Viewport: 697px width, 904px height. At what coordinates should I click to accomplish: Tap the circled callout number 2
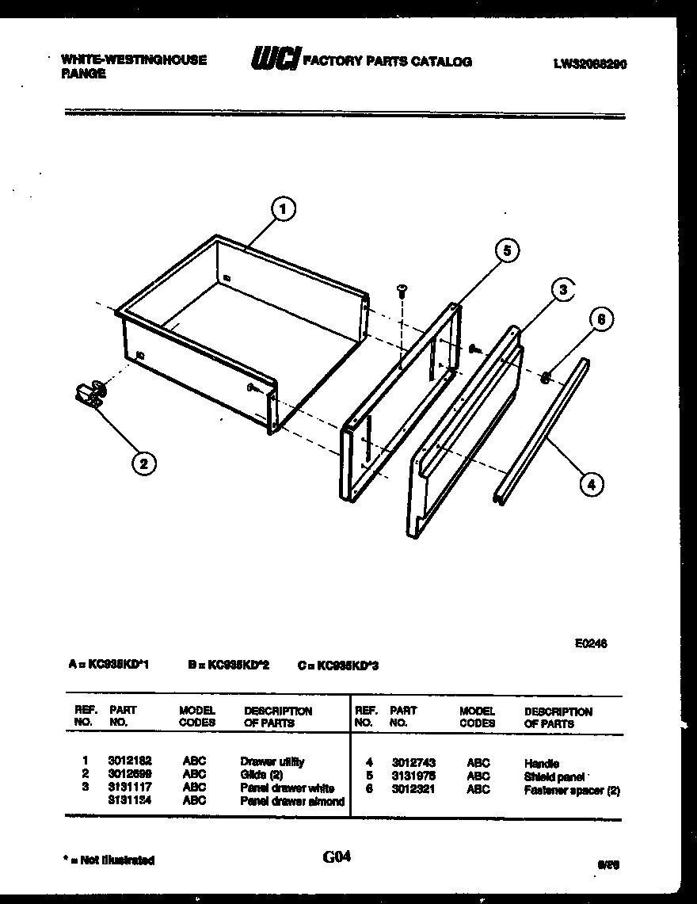tap(143, 463)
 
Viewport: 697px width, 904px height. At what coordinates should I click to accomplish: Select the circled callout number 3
tap(562, 290)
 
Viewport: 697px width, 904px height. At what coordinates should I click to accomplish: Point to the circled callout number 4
tap(591, 483)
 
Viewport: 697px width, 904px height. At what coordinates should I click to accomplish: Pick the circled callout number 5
tap(507, 251)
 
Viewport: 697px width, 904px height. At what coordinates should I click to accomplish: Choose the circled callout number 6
tap(601, 319)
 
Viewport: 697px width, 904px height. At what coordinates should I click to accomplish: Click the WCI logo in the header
tap(275, 59)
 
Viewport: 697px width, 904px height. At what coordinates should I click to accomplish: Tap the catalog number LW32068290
tap(590, 66)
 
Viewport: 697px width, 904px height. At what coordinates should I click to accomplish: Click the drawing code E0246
tap(591, 644)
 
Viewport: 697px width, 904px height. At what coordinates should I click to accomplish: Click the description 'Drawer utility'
tap(272, 762)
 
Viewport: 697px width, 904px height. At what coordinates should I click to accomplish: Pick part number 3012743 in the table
tap(412, 763)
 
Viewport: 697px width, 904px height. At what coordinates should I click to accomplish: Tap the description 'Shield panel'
tap(554, 777)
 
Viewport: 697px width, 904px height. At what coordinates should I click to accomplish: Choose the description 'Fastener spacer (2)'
tap(572, 791)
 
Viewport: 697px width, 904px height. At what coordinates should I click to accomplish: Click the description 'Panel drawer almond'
tap(292, 801)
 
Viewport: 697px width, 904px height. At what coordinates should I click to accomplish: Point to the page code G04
tap(337, 856)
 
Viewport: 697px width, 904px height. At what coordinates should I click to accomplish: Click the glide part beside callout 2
tap(91, 393)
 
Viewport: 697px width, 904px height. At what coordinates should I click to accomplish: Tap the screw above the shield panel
tap(402, 291)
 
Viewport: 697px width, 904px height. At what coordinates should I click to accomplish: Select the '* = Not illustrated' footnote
tap(109, 860)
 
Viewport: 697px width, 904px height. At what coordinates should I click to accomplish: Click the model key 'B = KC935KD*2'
tap(229, 666)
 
